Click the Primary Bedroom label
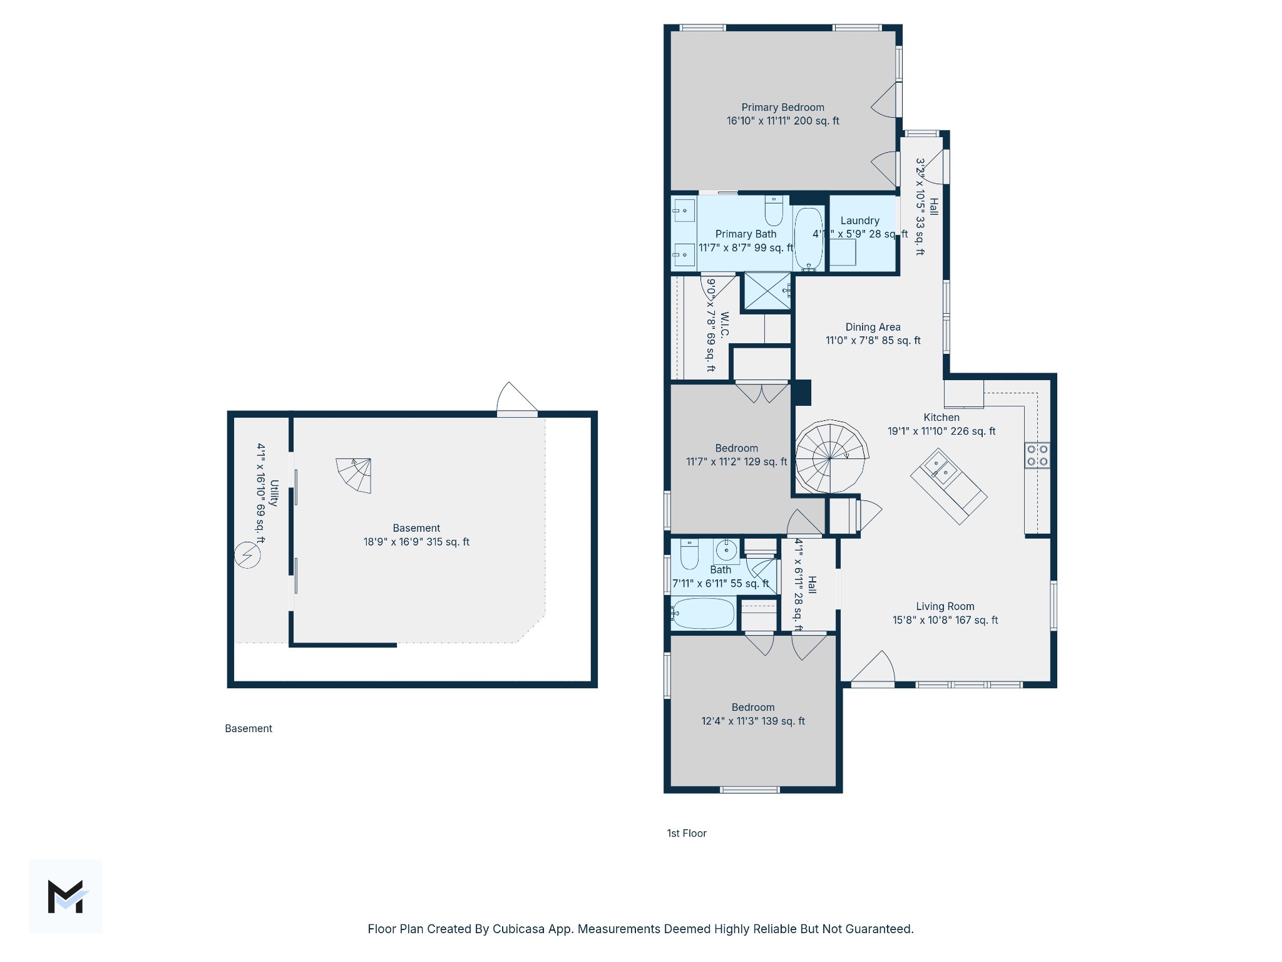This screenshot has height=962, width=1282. click(782, 108)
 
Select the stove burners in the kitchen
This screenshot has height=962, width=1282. click(1037, 455)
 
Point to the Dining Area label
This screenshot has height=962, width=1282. click(873, 327)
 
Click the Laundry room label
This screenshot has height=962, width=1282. click(859, 220)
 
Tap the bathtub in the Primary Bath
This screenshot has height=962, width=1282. click(809, 238)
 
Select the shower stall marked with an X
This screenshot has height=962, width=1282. click(767, 291)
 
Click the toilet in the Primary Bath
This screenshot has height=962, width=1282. click(774, 211)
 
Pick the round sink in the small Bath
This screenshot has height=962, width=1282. click(726, 552)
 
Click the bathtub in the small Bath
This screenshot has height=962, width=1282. click(703, 613)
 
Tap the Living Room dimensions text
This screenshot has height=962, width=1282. click(945, 620)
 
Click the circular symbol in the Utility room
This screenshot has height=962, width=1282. click(247, 556)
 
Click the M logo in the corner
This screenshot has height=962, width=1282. click(66, 896)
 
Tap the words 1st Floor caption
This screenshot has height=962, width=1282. click(686, 833)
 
